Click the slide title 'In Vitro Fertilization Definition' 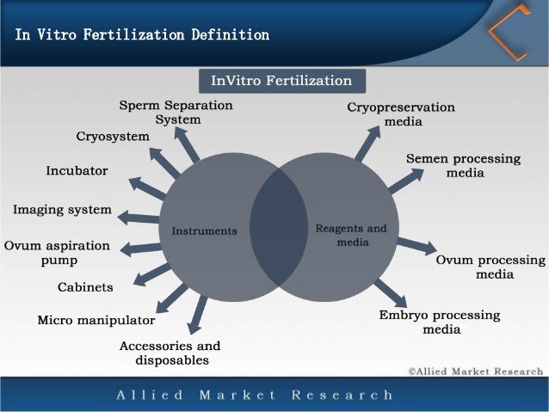[x=142, y=35]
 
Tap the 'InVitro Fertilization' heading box [x=282, y=81]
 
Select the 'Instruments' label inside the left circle [x=205, y=231]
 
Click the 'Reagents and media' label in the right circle [x=351, y=235]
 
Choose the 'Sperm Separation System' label [x=176, y=113]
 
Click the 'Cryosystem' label [x=113, y=137]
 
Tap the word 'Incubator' [x=77, y=170]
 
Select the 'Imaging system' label [x=62, y=209]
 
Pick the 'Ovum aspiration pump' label [x=58, y=252]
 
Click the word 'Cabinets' [x=86, y=286]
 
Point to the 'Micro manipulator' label [x=96, y=321]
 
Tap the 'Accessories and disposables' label [x=170, y=353]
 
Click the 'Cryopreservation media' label [x=401, y=114]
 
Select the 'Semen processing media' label [x=464, y=166]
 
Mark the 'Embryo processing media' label [x=440, y=323]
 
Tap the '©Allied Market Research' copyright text [x=475, y=371]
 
